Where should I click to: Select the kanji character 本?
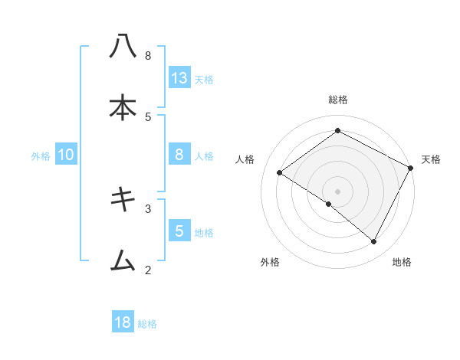123,108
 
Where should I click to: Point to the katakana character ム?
123,261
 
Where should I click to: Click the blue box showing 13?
179,78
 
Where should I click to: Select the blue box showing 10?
66,155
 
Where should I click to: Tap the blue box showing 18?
123,322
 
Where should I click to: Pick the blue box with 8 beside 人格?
179,155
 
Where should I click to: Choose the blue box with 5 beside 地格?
179,231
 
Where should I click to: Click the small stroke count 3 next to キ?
148,208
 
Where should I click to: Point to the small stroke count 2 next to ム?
148,269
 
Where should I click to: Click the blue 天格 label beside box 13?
204,79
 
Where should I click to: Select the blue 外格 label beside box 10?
41,156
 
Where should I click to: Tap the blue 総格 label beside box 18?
147,324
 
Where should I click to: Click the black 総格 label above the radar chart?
338,100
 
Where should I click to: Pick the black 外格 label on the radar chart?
270,262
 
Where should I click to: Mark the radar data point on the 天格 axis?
411,168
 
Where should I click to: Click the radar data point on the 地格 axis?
374,242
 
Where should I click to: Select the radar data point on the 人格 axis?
280,172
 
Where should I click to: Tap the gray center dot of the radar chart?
338,191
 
